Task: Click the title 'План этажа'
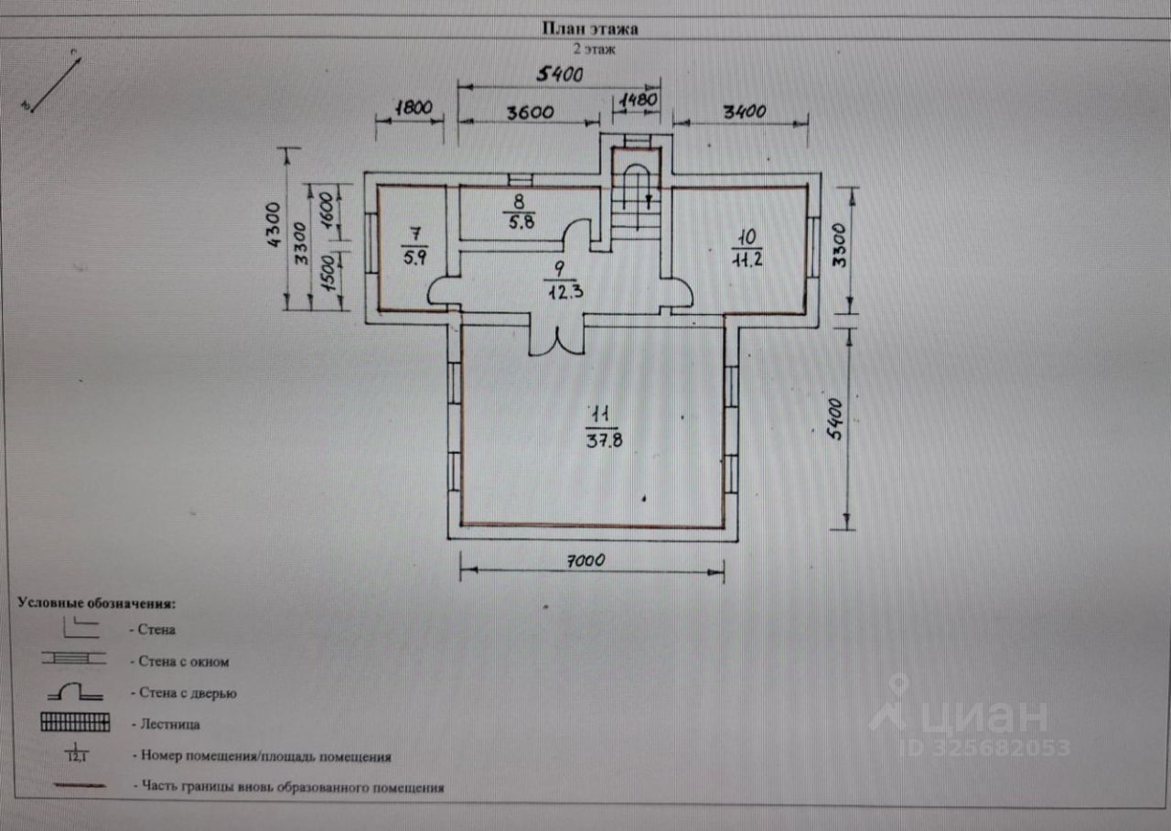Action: point(589,28)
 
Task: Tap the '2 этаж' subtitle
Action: point(594,49)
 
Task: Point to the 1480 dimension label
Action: point(639,99)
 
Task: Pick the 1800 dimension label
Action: point(412,106)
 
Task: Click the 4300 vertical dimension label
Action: point(273,232)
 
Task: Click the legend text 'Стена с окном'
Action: point(184,661)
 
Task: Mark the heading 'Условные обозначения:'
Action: point(96,604)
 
